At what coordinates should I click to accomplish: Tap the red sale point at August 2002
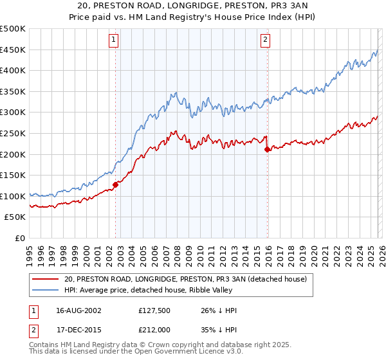pos(116,184)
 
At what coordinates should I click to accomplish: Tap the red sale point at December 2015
pos(267,149)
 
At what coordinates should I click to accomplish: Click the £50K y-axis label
pos(15,217)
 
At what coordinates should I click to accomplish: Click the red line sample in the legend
pos(45,279)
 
